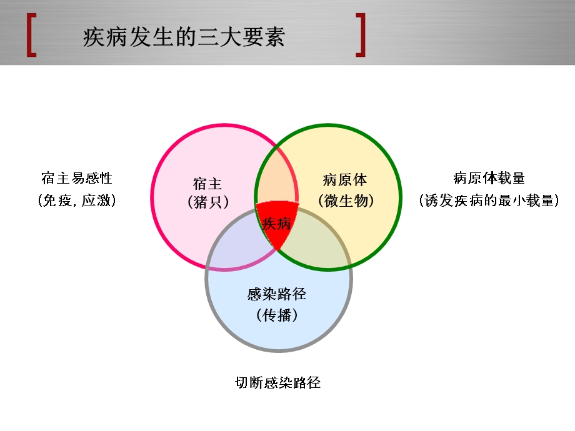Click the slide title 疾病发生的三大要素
184,38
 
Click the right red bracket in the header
361,35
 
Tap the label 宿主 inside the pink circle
207,184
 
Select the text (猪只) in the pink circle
207,202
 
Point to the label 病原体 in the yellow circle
345,181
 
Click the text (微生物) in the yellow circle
345,201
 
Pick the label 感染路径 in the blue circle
277,294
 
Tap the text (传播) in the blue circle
277,315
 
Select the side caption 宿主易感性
77,179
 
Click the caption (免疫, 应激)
77,201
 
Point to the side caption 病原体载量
489,179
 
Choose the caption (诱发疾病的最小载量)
489,201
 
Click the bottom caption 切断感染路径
277,383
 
